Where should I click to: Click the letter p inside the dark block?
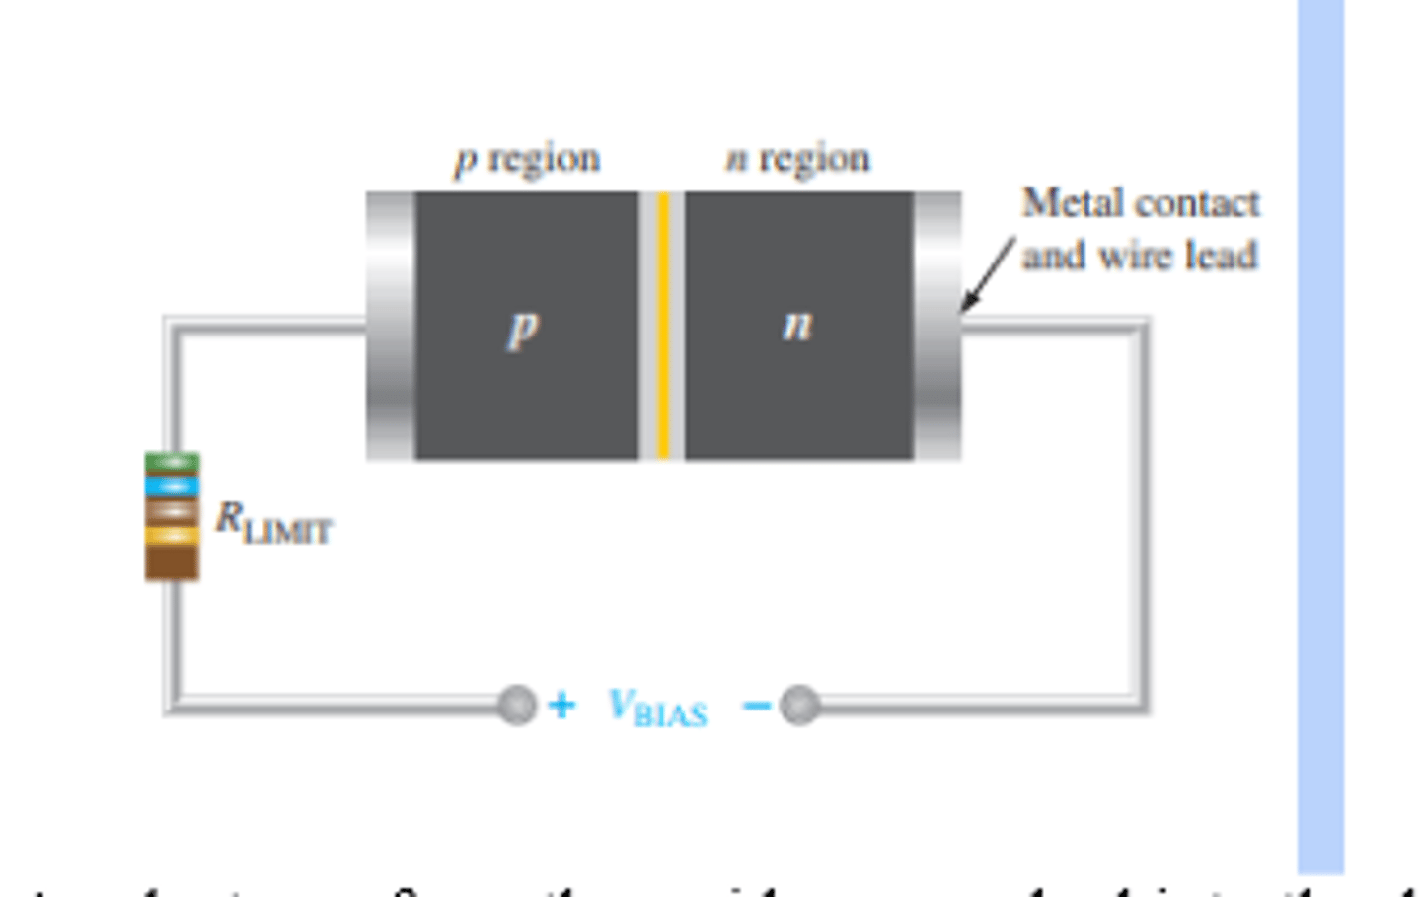tap(523, 328)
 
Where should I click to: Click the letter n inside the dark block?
tap(797, 325)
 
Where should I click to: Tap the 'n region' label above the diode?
tap(797, 159)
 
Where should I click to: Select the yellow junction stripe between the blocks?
tap(663, 326)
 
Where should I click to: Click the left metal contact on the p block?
tap(390, 326)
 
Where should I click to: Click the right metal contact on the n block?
tap(937, 326)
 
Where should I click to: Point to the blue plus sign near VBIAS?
tap(561, 705)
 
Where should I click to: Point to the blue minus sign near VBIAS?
tap(756, 705)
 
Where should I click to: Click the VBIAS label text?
tap(657, 707)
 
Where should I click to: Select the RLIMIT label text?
tap(273, 523)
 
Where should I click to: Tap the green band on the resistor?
tap(172, 462)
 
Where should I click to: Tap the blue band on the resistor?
tap(172, 486)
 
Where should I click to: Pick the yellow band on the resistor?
tap(172, 536)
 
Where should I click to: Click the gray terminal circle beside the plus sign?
tap(517, 705)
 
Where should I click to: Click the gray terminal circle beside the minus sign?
tap(799, 705)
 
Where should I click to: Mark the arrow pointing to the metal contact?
tap(987, 274)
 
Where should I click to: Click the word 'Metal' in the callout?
tap(1060, 203)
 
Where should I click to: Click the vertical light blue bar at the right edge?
tap(1320, 434)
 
